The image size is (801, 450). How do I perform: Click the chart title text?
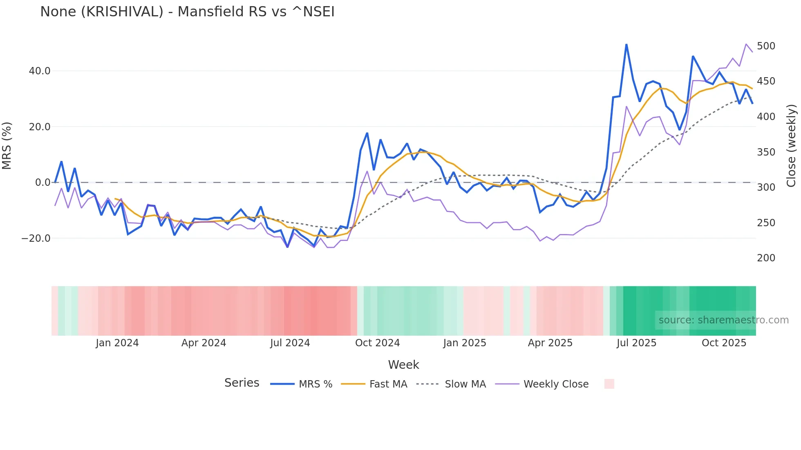coord(187,12)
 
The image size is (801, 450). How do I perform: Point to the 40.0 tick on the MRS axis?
coord(40,71)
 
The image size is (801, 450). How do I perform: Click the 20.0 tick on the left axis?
coord(40,127)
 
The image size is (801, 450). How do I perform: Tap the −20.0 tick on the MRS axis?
coord(36,238)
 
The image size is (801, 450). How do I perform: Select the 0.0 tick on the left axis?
coord(43,183)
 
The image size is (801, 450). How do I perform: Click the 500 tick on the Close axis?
coord(766,46)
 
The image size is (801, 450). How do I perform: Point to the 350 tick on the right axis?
coord(766,152)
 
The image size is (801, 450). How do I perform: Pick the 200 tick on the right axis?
coord(766,258)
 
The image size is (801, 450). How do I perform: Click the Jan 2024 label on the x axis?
coord(117,343)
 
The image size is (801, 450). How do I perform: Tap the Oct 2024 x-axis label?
coord(377,343)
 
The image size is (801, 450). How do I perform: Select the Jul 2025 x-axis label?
coord(636,343)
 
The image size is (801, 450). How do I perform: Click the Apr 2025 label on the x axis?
coord(550,343)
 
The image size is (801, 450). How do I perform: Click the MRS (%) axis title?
coord(7,146)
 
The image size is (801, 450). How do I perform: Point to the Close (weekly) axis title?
coord(792,146)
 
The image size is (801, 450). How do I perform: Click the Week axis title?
coord(403,365)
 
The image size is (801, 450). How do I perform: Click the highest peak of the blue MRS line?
coord(626,45)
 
